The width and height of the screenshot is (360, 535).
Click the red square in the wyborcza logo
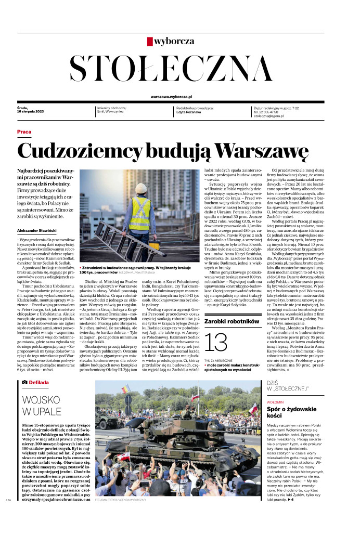[x=150, y=41]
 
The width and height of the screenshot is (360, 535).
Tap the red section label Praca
[x=24, y=132]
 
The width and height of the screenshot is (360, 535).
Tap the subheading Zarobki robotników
[x=232, y=322]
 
